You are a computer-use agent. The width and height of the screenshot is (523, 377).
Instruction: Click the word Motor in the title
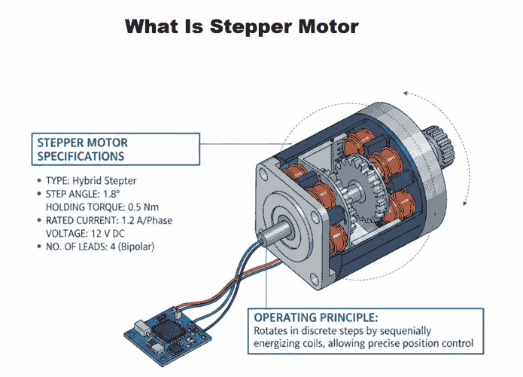click(x=326, y=28)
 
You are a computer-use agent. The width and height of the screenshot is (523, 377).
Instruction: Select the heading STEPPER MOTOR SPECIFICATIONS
click(x=84, y=149)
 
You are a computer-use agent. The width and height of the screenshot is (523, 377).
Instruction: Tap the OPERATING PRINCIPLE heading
click(x=309, y=316)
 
